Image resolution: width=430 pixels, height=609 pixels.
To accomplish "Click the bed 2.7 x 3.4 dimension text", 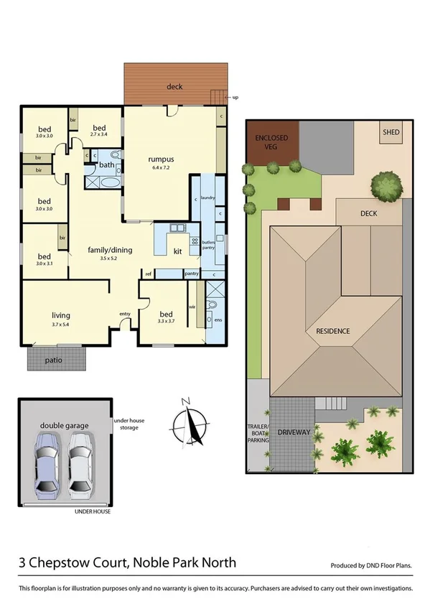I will (100, 134).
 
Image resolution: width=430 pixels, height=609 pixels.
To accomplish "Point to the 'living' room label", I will (60, 315).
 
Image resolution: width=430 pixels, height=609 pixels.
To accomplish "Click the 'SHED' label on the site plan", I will (391, 132).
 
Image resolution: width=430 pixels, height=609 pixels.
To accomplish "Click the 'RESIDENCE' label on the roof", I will (332, 331).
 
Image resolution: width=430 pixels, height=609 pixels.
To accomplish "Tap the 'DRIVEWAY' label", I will (294, 432).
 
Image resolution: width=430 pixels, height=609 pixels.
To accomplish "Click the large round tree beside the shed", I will (388, 188).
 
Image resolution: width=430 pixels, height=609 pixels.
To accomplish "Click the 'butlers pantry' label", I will (208, 246).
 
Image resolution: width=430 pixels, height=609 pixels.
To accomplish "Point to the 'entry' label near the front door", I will (125, 313).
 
